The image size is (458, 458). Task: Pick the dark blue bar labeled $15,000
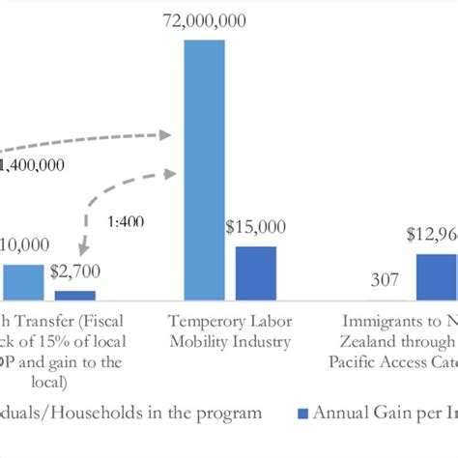click(255, 272)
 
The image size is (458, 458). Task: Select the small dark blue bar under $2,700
click(74, 294)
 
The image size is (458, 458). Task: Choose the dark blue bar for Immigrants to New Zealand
click(437, 276)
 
